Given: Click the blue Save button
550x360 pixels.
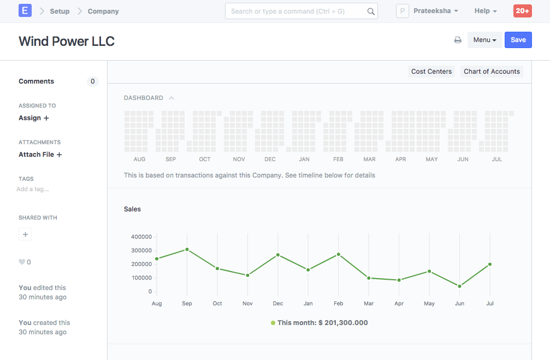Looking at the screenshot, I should coord(518,40).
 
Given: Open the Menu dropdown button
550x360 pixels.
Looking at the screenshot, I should coord(484,40).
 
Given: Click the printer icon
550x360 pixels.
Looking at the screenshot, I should coord(458,40).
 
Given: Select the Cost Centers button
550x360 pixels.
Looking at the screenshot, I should coord(431,72).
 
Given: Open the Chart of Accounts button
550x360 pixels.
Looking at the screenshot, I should coord(492,72).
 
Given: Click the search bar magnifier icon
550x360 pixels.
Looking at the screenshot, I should coord(371,11).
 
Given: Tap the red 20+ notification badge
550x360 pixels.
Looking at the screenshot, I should coord(522,11).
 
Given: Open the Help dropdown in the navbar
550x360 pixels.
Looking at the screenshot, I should coord(486,11).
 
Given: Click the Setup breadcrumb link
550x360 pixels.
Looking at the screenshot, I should coord(60,11).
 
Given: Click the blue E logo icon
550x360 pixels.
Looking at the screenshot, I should coord(25,10).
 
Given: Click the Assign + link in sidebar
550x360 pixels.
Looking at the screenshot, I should coord(34,118).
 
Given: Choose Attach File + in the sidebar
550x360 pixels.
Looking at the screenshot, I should coord(40,155).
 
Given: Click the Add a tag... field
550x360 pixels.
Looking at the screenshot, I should coord(33,189).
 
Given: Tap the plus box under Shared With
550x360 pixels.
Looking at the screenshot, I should coord(25,234).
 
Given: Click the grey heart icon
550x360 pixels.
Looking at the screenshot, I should coord(22,262).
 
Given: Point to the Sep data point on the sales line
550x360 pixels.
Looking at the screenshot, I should coord(187,249).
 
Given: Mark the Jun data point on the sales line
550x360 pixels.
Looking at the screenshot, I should coord(459,286).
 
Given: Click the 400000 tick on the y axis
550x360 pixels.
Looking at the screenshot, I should coord(141,237).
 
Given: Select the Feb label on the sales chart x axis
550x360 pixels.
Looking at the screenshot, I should coord(338,304).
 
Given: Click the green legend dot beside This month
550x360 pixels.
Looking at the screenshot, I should coord(273,323).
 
